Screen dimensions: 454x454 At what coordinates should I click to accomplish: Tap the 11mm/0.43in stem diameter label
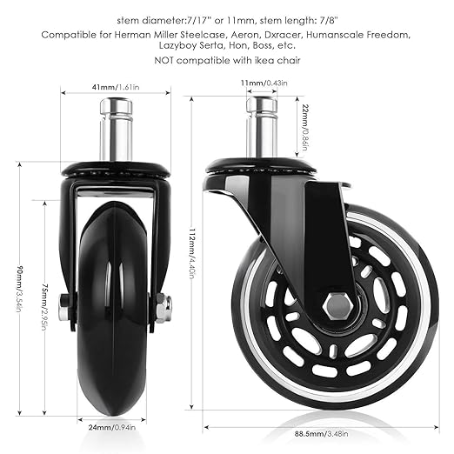pyautogui.click(x=267, y=82)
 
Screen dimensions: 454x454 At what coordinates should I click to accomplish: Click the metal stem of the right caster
pyautogui.click(x=262, y=127)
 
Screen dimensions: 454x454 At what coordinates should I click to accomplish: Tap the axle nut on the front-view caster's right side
pyautogui.click(x=161, y=309)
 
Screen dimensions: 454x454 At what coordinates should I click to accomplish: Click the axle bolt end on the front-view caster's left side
pyautogui.click(x=64, y=309)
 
